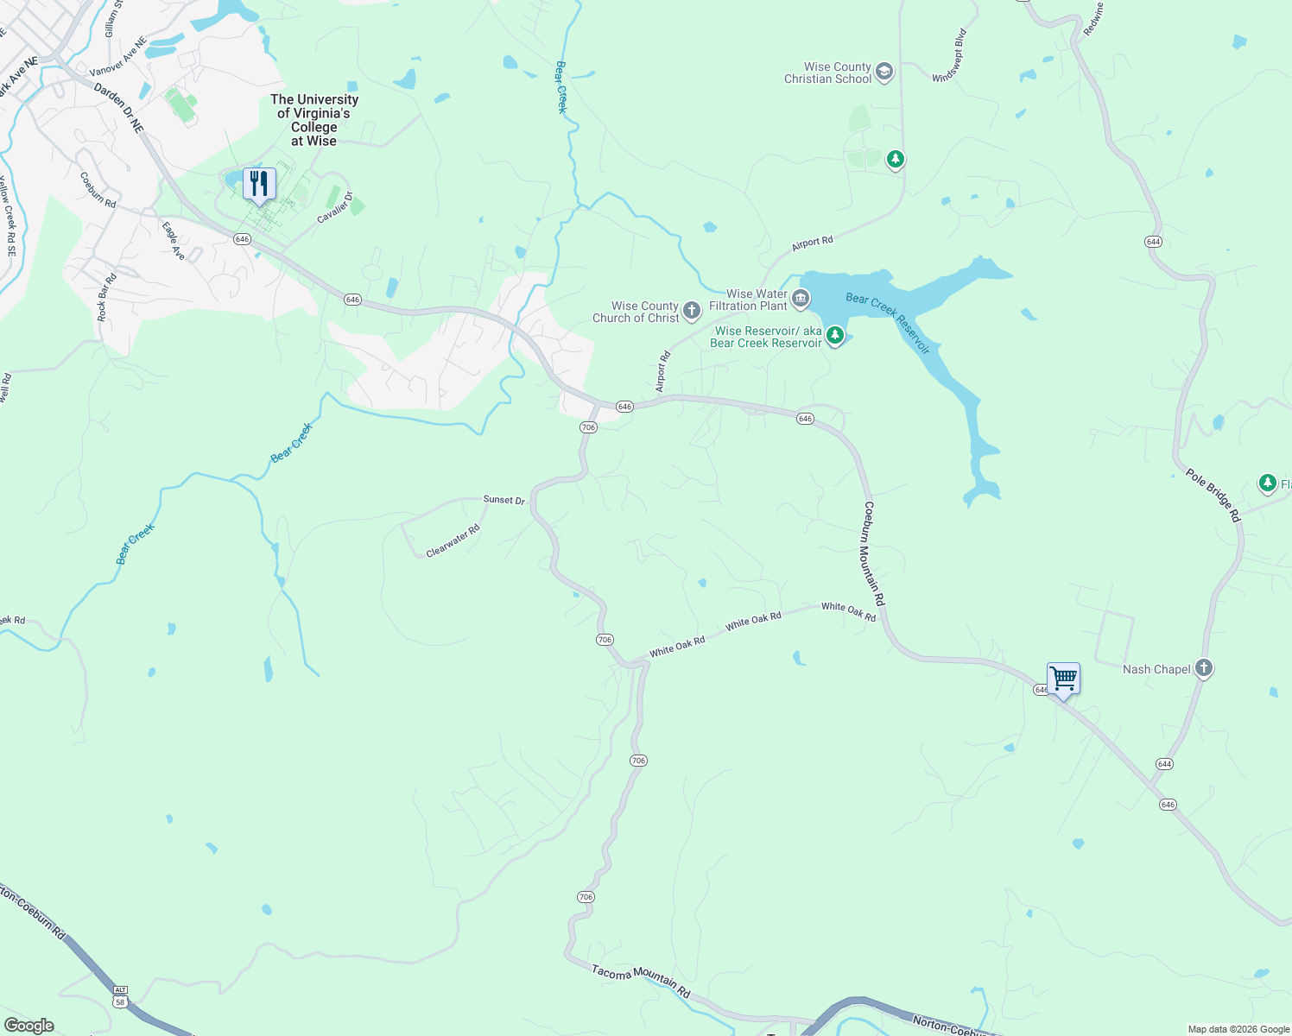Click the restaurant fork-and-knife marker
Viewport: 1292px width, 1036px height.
pyautogui.click(x=258, y=184)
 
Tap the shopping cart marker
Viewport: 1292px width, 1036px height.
pyautogui.click(x=1063, y=678)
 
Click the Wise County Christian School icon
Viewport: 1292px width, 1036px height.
pyautogui.click(x=883, y=72)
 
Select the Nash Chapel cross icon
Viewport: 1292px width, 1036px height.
pyautogui.click(x=1204, y=668)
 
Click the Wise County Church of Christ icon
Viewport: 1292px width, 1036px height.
pyautogui.click(x=691, y=311)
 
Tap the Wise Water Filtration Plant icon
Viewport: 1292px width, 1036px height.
pyautogui.click(x=801, y=300)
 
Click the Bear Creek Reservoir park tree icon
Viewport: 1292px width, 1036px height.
pyautogui.click(x=834, y=335)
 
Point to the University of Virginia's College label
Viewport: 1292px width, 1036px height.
pyautogui.click(x=313, y=120)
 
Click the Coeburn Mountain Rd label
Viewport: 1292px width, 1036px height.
pyautogui.click(x=874, y=553)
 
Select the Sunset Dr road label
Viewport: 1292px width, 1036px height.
pyautogui.click(x=503, y=500)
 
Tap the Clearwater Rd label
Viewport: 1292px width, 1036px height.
pyautogui.click(x=453, y=541)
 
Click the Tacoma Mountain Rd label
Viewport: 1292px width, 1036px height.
pyautogui.click(x=641, y=982)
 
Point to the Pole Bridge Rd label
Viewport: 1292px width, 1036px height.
pyautogui.click(x=1213, y=496)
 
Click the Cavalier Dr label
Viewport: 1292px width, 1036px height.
pyautogui.click(x=335, y=207)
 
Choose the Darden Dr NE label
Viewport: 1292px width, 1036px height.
pyautogui.click(x=118, y=108)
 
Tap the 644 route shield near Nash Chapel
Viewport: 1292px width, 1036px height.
pyautogui.click(x=1164, y=764)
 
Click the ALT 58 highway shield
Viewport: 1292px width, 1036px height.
pyautogui.click(x=120, y=995)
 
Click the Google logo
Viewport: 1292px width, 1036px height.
pyautogui.click(x=29, y=1026)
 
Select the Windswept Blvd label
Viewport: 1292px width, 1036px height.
pyautogui.click(x=949, y=56)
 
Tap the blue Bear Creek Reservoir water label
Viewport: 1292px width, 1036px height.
pyautogui.click(x=888, y=323)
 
